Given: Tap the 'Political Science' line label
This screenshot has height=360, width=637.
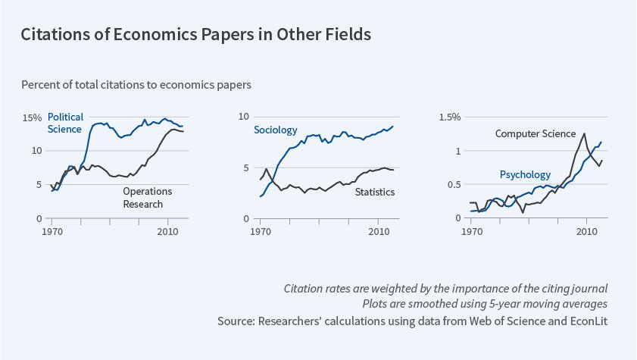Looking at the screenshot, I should tap(64, 123).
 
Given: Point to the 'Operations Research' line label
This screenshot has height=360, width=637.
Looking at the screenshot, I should tap(148, 197).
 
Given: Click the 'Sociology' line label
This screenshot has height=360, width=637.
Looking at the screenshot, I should tap(276, 130).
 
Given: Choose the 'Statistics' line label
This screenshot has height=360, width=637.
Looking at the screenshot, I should tap(375, 192).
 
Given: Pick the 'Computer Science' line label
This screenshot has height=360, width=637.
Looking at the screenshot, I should tap(536, 133).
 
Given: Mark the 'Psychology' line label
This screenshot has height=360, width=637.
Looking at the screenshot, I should tap(525, 175).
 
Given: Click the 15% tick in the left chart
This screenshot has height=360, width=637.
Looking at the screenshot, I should tap(33, 117).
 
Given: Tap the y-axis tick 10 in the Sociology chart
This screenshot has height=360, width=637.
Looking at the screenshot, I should tap(244, 117).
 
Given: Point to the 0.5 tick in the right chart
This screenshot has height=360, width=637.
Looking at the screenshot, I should tap(454, 185).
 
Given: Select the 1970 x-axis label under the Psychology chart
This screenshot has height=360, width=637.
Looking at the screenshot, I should tap(472, 230).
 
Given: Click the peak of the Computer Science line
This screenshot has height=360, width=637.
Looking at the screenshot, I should tap(584, 134).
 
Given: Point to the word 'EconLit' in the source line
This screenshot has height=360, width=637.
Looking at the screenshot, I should tap(588, 321).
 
